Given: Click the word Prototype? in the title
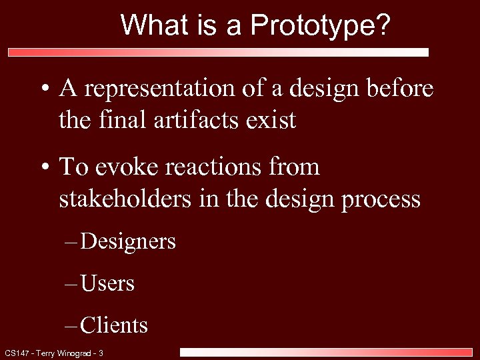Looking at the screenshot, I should [x=321, y=26].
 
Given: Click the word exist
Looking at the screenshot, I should [x=271, y=121].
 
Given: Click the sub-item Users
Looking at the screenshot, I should [x=107, y=283].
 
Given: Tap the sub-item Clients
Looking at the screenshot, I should [x=114, y=325].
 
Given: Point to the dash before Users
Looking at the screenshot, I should [x=71, y=284].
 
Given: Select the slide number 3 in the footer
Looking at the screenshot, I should [x=101, y=353].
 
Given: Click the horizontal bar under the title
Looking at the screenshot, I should [x=218, y=52].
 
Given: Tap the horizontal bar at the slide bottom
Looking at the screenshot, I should [x=326, y=352].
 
